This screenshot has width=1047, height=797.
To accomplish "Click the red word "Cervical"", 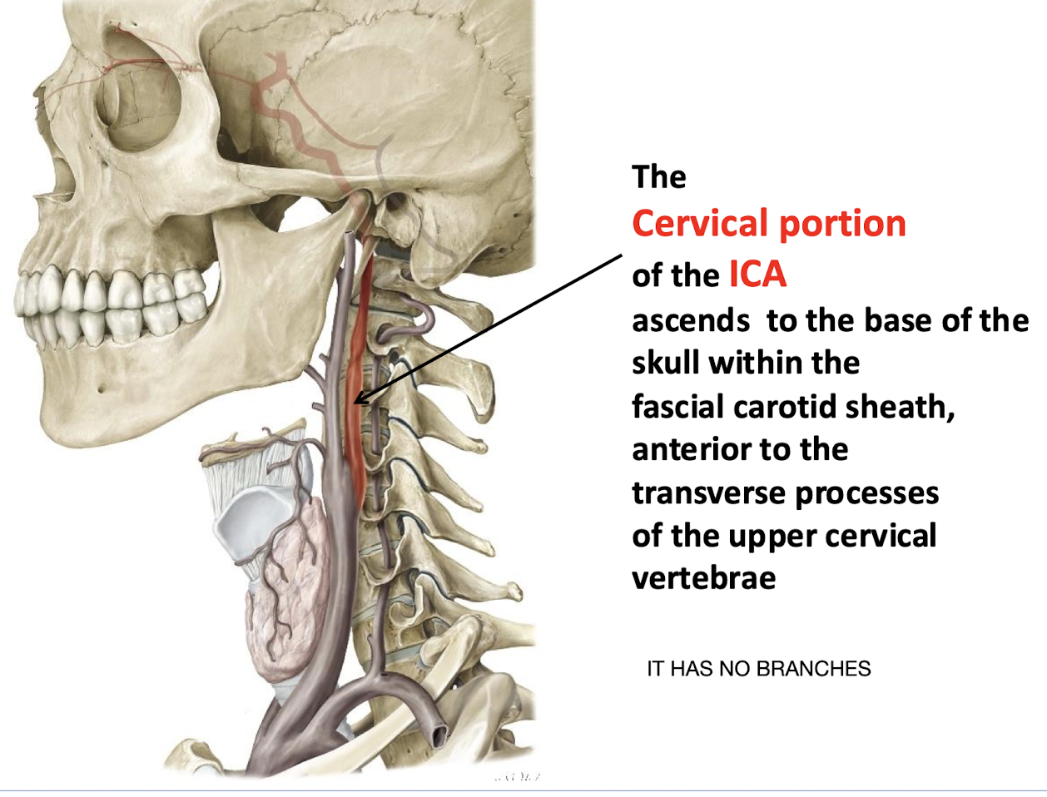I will point(698,224).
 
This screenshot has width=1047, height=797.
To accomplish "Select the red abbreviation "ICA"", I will point(757,275).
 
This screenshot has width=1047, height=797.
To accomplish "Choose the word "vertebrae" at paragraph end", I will point(703,577).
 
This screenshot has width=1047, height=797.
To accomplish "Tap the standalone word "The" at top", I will point(659,177).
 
